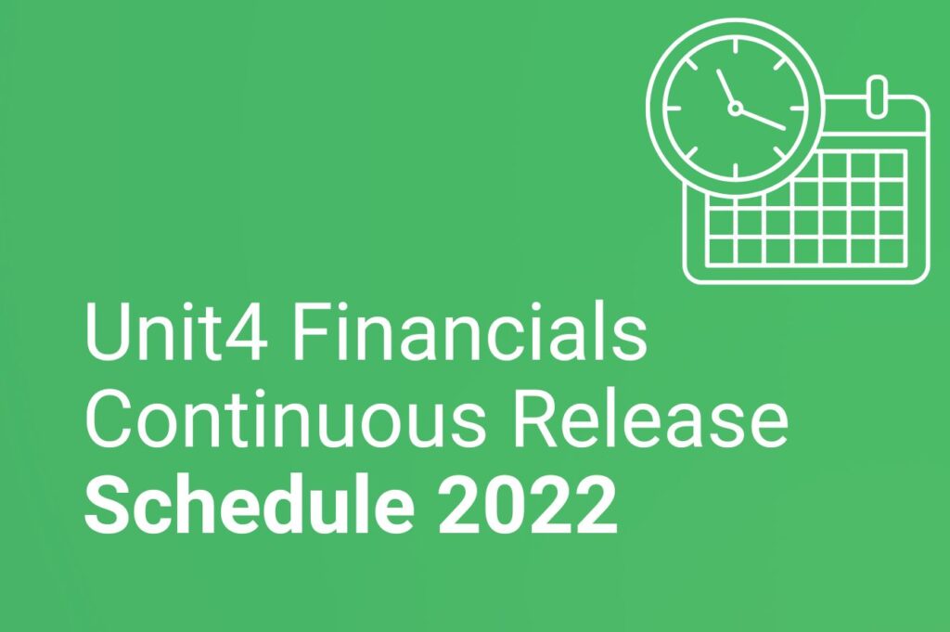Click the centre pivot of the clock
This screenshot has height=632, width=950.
pyautogui.click(x=735, y=109)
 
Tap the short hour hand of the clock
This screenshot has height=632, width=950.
pyautogui.click(x=725, y=89)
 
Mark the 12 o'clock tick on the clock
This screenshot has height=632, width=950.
pyautogui.click(x=735, y=45)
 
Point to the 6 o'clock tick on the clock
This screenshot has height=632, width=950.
pyautogui.click(x=735, y=171)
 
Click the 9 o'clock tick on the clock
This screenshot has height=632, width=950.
pyautogui.click(x=672, y=109)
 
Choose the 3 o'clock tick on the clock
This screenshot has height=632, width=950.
pyautogui.click(x=798, y=109)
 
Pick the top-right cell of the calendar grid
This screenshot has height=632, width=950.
pyautogui.click(x=891, y=165)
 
